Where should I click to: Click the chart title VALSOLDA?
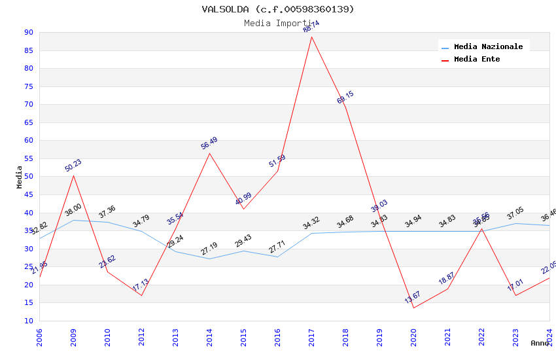(278, 9)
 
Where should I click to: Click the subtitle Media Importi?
(278, 24)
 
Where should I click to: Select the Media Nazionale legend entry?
(488, 46)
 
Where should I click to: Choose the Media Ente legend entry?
(477, 59)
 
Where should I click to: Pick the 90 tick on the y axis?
(28, 33)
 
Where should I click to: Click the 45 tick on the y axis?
(28, 194)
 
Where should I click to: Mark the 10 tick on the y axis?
(28, 321)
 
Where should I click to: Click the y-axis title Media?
(20, 177)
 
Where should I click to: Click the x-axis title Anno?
(540, 343)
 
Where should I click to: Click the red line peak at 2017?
(311, 37)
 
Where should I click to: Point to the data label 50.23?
(73, 166)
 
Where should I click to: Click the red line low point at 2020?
(413, 308)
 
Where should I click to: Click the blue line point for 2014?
(209, 259)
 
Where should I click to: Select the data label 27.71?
(277, 247)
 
